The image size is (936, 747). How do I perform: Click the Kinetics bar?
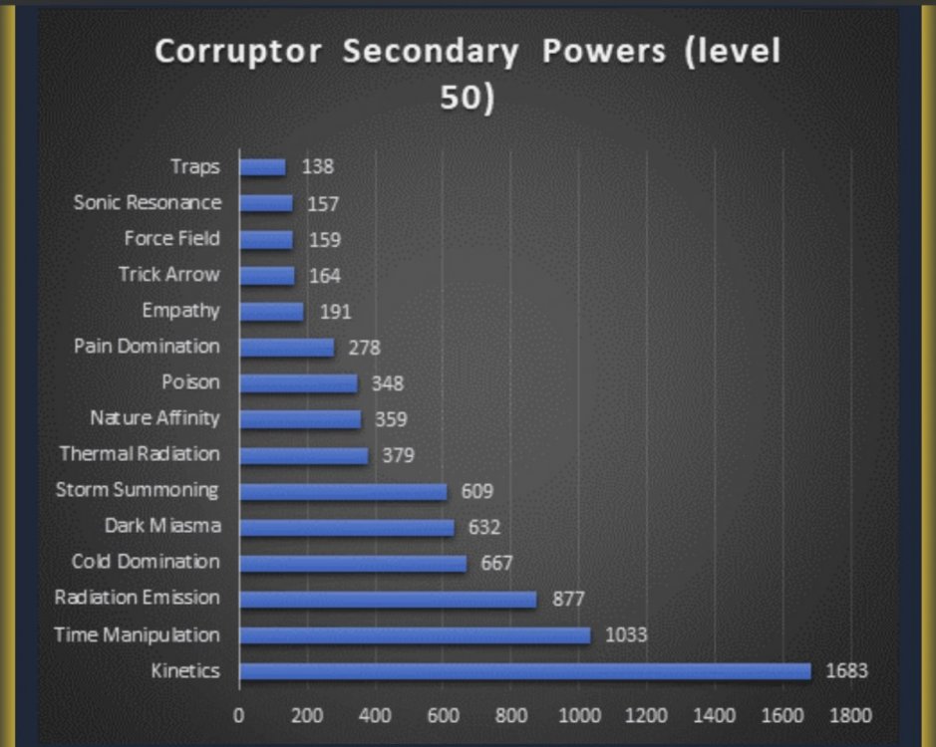[x=524, y=671]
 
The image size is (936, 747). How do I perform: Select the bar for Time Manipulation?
[x=415, y=635]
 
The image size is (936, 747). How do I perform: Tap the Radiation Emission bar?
[x=388, y=600]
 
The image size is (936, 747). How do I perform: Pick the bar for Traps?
[x=262, y=167]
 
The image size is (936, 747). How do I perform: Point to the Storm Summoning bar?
[x=343, y=491]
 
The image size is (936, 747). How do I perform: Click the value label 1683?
[x=846, y=671]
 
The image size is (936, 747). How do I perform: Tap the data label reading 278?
[x=364, y=348]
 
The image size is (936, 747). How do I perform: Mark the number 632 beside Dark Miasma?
[x=483, y=527]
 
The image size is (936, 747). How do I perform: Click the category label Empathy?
[x=180, y=310]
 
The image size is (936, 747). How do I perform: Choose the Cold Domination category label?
[x=146, y=562]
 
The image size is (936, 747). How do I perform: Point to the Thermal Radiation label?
[x=140, y=454]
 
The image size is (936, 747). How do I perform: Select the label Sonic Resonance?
[x=148, y=202]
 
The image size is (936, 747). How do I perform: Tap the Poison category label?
[x=190, y=382]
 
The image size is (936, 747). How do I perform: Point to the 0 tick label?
[x=239, y=714]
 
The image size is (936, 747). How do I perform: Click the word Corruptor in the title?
[x=239, y=53]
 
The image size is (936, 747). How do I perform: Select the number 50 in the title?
[x=462, y=100]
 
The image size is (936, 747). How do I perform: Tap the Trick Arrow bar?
[x=267, y=275]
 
